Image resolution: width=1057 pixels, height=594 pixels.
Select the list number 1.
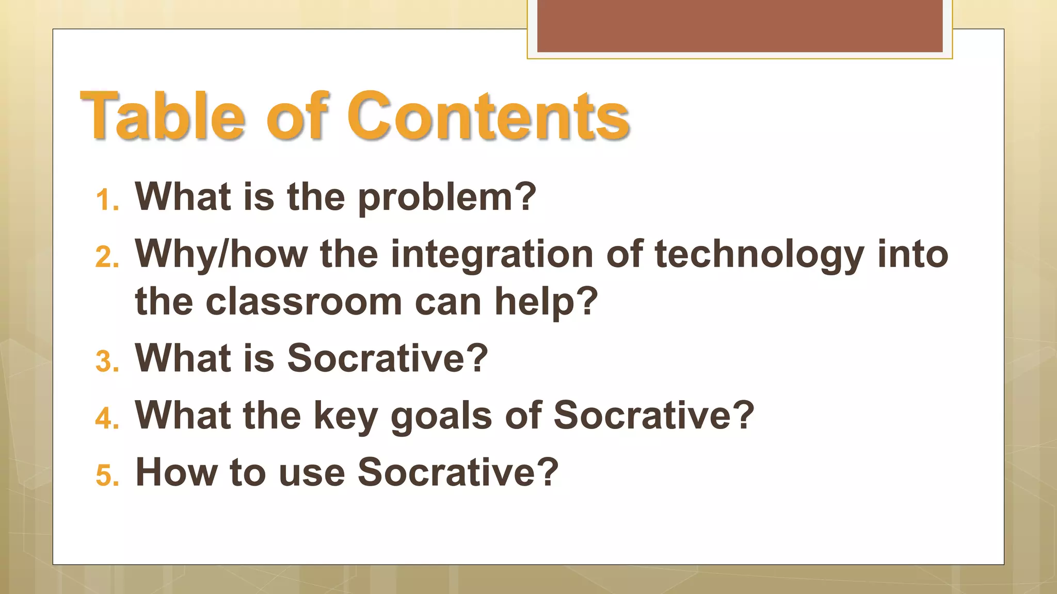[107, 201]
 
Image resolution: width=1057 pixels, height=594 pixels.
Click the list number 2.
[107, 257]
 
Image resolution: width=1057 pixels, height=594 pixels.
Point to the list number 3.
[107, 361]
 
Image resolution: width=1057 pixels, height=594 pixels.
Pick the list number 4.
[107, 418]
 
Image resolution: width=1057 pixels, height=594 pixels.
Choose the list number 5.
[107, 475]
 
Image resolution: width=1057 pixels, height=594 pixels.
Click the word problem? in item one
[447, 197]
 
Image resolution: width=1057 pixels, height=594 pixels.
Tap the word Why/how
[221, 254]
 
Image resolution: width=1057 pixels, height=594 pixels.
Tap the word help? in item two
[546, 302]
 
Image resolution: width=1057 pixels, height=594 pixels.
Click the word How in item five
[176, 472]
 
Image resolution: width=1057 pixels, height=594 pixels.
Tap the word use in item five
[312, 472]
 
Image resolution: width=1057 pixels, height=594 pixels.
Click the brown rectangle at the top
[739, 26]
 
